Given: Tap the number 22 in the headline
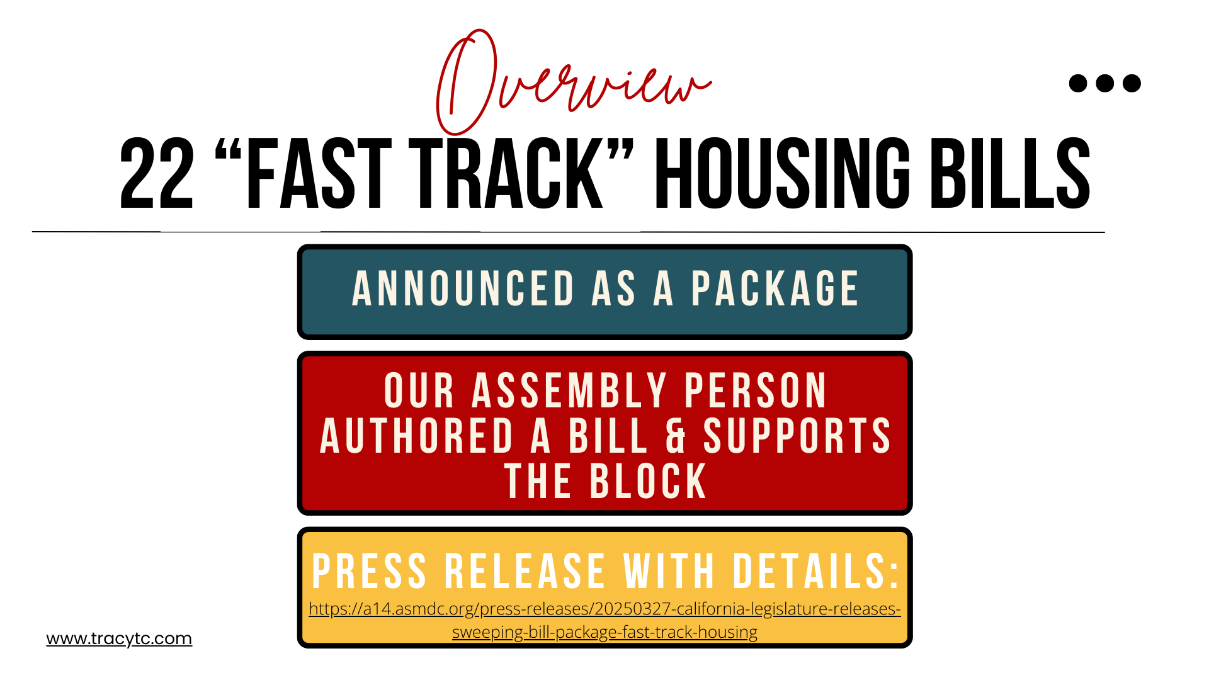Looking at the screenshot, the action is [x=157, y=174].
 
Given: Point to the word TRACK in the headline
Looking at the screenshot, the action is [x=506, y=174].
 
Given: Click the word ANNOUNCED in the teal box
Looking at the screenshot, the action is [x=463, y=289].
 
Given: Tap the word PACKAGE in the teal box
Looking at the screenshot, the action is [x=775, y=289].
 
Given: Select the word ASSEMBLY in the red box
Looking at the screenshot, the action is [x=570, y=390].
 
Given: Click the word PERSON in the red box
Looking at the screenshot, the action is [x=756, y=390].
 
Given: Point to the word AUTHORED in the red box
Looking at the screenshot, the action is [x=417, y=436].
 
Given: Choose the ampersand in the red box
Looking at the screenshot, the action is [x=676, y=436].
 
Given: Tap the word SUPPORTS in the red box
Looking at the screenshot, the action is [x=797, y=436].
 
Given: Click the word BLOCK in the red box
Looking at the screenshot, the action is [x=648, y=482].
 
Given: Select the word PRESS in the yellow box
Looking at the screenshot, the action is [x=370, y=571].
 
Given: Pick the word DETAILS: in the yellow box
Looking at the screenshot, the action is [x=816, y=571].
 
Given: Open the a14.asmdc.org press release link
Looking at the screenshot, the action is [x=604, y=620].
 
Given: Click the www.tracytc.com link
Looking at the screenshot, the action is [x=119, y=638].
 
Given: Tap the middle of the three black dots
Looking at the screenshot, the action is [x=1105, y=83].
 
